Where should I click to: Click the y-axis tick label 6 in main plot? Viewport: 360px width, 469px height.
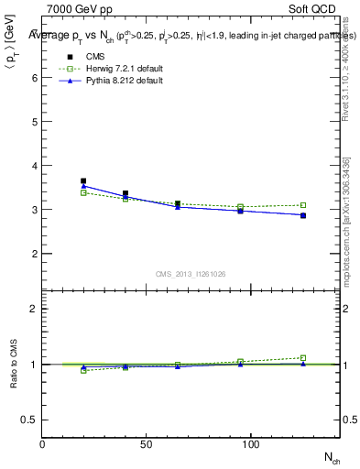[x=35, y=78]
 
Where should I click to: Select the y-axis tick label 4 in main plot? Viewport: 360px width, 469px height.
[x=35, y=166]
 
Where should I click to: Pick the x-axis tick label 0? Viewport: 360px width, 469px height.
[x=42, y=443]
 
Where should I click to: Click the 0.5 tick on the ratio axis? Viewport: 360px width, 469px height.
[x=32, y=420]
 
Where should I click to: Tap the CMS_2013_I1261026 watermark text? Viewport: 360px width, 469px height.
[x=189, y=274]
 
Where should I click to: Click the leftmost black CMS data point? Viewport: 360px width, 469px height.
[x=83, y=181]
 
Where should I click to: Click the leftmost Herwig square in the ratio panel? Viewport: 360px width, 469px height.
[x=83, y=370]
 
